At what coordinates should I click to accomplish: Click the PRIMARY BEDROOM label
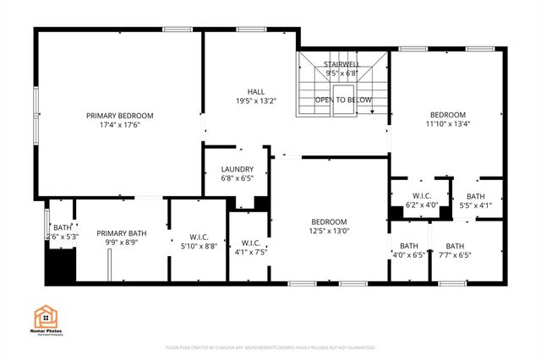(x=118, y=115)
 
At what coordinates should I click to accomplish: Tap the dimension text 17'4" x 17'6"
(x=118, y=126)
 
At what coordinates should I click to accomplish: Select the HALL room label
(x=256, y=91)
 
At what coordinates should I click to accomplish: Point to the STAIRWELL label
(x=342, y=63)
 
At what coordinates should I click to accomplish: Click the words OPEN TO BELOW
(x=343, y=100)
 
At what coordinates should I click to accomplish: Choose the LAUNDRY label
(x=237, y=169)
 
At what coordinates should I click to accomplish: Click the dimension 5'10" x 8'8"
(x=199, y=246)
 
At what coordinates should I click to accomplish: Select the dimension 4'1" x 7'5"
(x=250, y=251)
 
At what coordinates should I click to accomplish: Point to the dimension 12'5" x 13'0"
(x=329, y=232)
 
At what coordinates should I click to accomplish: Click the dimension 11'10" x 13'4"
(x=447, y=125)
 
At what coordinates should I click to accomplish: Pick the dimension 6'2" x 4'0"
(x=422, y=205)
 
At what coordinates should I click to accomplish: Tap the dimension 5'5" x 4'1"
(x=474, y=205)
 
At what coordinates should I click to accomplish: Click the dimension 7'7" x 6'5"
(x=455, y=255)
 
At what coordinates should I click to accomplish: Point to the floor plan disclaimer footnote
(x=270, y=347)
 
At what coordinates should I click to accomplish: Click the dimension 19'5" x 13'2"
(x=256, y=101)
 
